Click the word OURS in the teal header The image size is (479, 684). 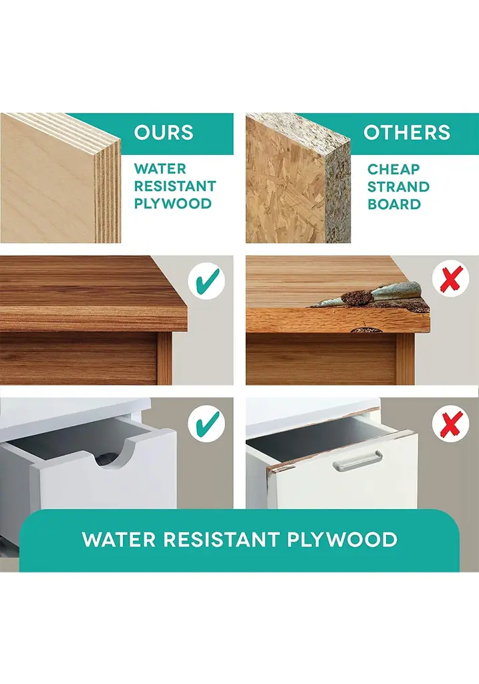pos(164,133)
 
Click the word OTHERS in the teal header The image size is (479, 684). pos(407,133)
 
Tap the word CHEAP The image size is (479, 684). pos(393,169)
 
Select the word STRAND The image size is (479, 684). pos(398,187)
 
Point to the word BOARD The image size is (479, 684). pos(394,204)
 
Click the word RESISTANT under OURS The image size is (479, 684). pos(175,186)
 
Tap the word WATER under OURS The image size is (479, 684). pos(160,169)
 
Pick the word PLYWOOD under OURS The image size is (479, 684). pos(173,204)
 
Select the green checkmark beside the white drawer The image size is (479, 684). pos(207,423)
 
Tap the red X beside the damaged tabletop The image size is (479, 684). pos(451,279)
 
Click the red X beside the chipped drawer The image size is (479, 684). pos(451,423)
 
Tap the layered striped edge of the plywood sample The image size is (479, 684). pos(108,191)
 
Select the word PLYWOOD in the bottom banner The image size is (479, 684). pos(342,540)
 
